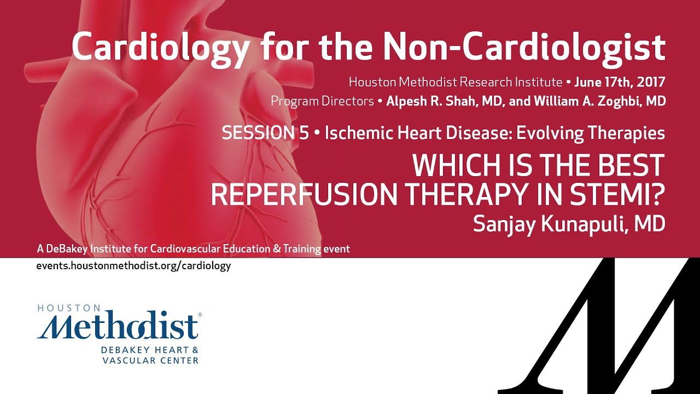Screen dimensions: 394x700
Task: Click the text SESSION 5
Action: [265, 133]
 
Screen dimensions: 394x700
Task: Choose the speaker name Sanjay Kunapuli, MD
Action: [569, 224]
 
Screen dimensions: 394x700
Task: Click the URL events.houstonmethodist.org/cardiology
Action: [134, 266]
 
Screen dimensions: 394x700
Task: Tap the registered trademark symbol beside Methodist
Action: [200, 315]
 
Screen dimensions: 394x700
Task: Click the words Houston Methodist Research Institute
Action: [456, 83]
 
